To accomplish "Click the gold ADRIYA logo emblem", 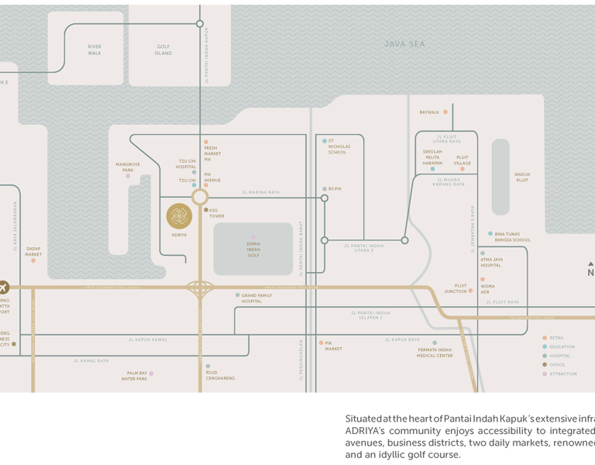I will tap(179, 216).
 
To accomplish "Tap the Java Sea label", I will tap(404, 44).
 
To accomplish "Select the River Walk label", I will tap(94, 50).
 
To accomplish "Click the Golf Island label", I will tap(163, 50).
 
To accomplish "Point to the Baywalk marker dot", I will tap(445, 112).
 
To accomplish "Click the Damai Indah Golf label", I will tap(253, 249).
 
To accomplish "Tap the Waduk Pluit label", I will tap(522, 177).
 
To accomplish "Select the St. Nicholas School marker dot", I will tap(325, 141).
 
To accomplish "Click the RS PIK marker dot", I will tap(325, 188).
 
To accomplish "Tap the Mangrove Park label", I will tap(128, 167).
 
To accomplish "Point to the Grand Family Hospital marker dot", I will tap(238, 295).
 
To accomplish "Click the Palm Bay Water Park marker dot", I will tap(151, 374).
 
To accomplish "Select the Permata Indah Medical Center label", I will tap(435, 353).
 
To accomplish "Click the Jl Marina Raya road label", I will tap(261, 192).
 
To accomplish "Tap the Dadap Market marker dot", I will tap(33, 260).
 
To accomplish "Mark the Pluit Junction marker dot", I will tap(470, 291).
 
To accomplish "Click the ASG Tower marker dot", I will tap(206, 210).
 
